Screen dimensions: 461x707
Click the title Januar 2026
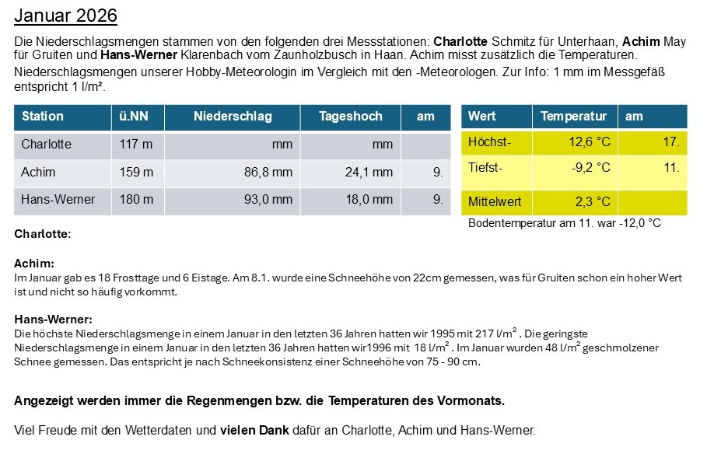pyautogui.click(x=66, y=16)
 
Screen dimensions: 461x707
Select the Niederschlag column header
pyautogui.click(x=233, y=117)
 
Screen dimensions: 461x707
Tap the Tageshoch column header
pyautogui.click(x=351, y=117)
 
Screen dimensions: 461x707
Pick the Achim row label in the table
pyautogui.click(x=38, y=172)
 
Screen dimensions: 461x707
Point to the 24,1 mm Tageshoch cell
pyautogui.click(x=369, y=172)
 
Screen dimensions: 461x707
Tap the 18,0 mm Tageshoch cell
pyautogui.click(x=369, y=200)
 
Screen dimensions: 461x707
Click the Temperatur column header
pyautogui.click(x=573, y=117)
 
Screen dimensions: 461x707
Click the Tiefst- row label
pyautogui.click(x=485, y=167)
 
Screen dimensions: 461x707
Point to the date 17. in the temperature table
pyautogui.click(x=671, y=142)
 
